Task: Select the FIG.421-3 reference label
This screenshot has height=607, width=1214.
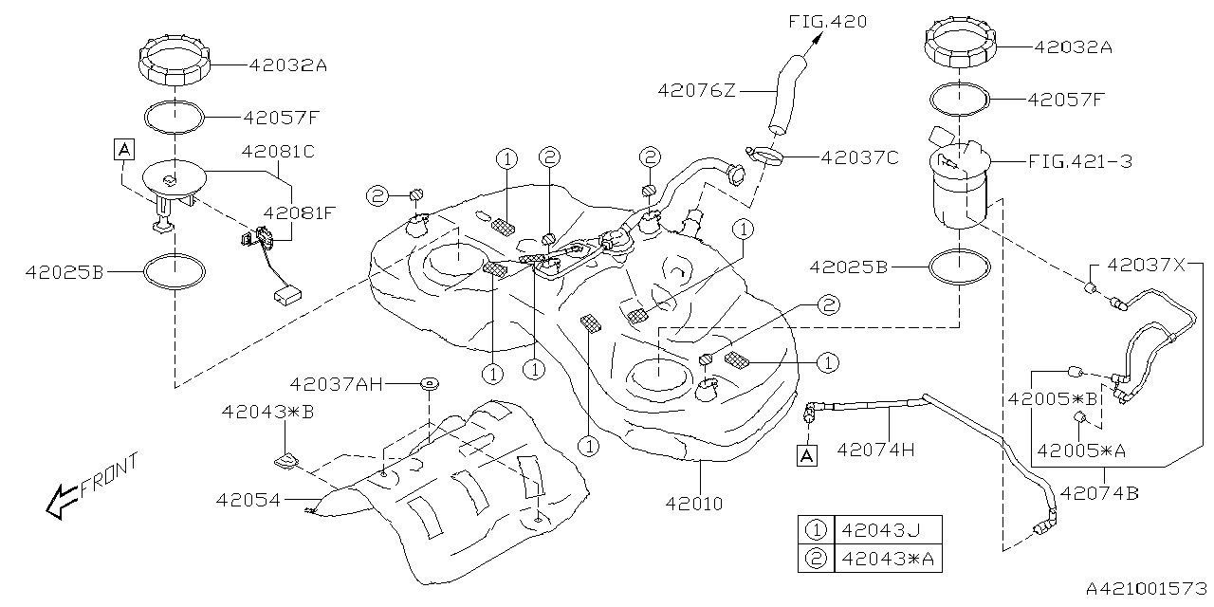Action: coord(1080,162)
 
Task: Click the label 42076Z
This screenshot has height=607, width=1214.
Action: coord(697,90)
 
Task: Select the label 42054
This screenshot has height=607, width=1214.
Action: coord(248,499)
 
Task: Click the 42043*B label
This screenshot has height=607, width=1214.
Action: coord(268,412)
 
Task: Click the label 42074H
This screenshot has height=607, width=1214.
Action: coord(874,449)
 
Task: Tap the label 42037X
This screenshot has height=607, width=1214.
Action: coord(1147,267)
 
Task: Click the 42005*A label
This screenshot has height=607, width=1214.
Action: coord(1081,451)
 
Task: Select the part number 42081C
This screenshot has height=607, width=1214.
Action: coord(277,151)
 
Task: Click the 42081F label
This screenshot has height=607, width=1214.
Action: coord(301,214)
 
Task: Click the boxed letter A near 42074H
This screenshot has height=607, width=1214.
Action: coord(807,456)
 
